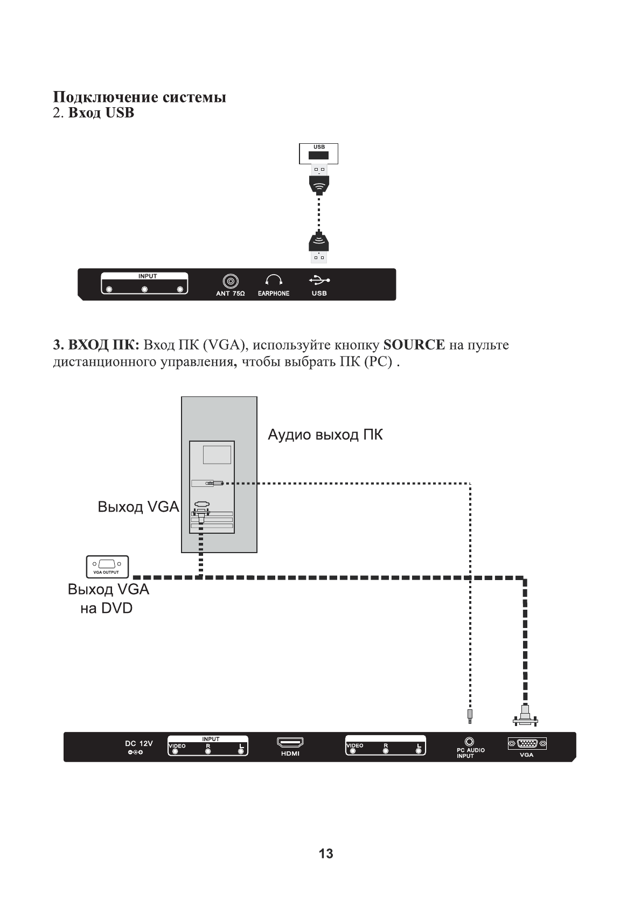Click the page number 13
(x=326, y=853)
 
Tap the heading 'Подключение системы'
(x=140, y=97)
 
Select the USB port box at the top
(x=319, y=154)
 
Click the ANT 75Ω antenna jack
(x=231, y=281)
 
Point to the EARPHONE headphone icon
(x=274, y=280)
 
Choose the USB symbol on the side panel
(x=319, y=280)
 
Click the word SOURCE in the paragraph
(x=414, y=345)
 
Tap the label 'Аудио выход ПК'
(x=325, y=435)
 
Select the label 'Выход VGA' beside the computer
(x=138, y=507)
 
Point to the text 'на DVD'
(x=106, y=609)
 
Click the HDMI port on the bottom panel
(x=290, y=743)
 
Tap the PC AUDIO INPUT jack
(x=469, y=742)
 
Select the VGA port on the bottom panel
(x=527, y=744)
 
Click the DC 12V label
(x=139, y=743)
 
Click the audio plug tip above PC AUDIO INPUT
(x=470, y=716)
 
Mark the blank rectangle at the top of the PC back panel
(x=217, y=455)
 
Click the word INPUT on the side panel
(x=147, y=276)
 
